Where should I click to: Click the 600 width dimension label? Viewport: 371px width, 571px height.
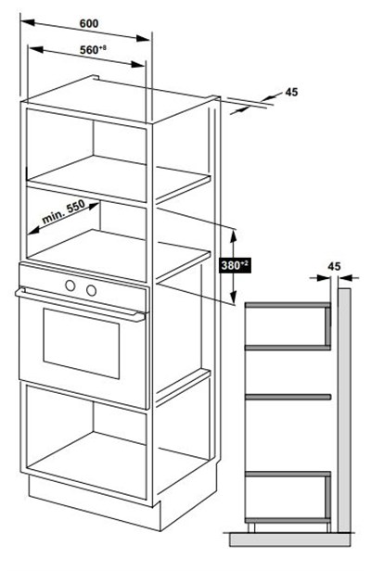point(89,24)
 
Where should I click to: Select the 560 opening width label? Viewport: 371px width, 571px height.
point(94,49)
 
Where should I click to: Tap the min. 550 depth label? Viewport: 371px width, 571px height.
point(63,211)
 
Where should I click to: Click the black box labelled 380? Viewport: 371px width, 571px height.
point(236,265)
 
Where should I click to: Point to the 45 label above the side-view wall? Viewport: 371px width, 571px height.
point(334,267)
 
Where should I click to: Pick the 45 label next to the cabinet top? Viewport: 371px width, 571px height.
point(291,92)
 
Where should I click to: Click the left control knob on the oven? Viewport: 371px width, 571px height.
point(70,285)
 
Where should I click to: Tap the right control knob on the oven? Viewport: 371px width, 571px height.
point(91,290)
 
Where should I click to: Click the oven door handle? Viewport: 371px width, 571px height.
point(80,304)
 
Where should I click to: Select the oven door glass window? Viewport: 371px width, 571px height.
point(82,343)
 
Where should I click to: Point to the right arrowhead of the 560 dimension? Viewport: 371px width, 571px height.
point(138,65)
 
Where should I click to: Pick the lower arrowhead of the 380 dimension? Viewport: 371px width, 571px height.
point(234,297)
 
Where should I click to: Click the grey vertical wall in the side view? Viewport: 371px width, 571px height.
point(344,410)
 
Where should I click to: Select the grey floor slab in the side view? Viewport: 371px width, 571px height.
point(289,539)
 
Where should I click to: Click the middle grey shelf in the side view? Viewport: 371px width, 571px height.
point(288,397)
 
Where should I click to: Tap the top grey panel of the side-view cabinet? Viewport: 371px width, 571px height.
point(288,305)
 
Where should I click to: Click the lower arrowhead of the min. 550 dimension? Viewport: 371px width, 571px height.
point(33,230)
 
